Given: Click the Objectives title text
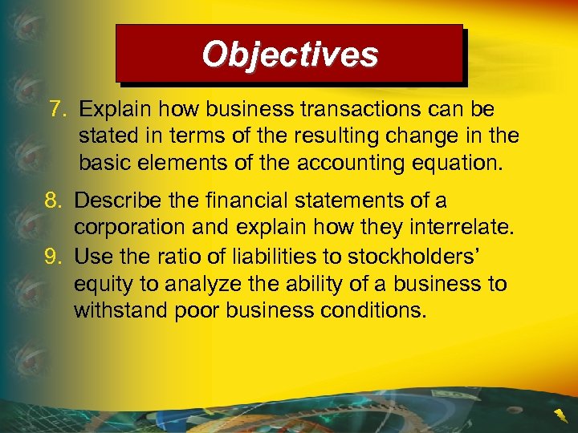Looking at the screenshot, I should (x=290, y=55).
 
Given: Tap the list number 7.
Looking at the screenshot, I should (x=56, y=108).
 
